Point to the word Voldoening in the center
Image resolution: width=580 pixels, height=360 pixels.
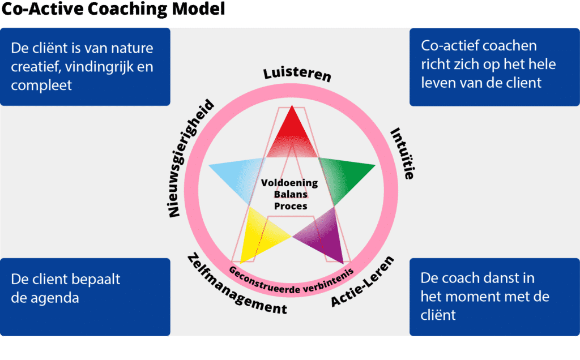(x=289, y=183)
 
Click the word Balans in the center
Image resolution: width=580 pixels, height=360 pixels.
(x=291, y=195)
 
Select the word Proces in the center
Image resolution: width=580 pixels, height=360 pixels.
(x=291, y=206)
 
